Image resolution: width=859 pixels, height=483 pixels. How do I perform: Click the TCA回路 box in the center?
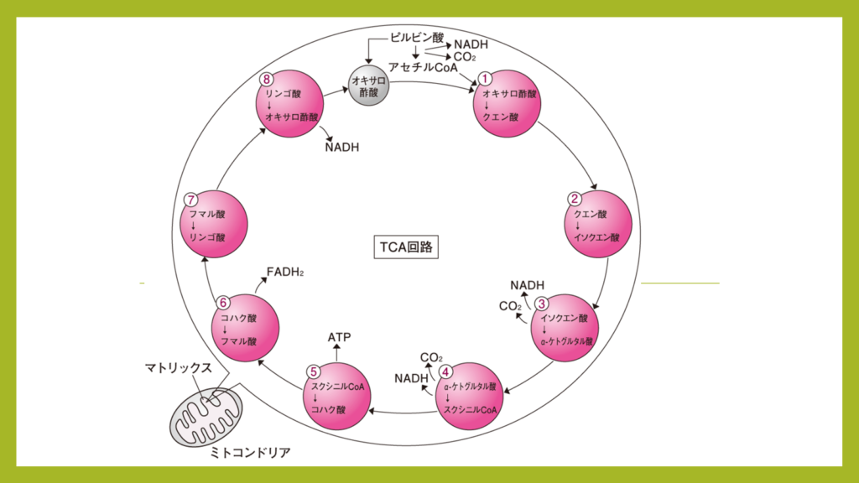406,247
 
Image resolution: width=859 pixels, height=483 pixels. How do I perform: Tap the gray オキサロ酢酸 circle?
369,86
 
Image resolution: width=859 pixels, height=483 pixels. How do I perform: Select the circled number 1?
484,79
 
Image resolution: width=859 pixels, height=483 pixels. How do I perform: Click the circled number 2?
574,199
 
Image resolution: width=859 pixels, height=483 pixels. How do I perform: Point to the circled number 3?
541,304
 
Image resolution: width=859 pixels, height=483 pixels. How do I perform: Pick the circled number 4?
446,372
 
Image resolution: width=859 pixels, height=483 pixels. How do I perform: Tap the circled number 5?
314,372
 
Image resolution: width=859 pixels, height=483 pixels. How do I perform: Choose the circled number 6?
222,303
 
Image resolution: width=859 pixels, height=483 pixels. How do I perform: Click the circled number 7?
190,200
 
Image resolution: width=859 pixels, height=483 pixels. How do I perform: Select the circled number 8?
267,80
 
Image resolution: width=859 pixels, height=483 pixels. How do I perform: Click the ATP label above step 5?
339,337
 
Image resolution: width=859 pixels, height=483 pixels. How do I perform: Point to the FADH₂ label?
285,273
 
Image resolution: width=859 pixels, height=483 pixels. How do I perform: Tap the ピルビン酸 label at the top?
417,37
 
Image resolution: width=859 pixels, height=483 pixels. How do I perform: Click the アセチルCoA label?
423,67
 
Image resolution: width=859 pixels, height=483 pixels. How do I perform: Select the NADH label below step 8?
342,148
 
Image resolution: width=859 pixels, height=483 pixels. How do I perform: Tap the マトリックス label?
178,368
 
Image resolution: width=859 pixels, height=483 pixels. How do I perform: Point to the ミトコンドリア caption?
250,452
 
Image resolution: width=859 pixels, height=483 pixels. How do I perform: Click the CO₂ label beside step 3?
510,306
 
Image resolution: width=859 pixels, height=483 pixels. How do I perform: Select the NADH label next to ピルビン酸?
471,44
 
